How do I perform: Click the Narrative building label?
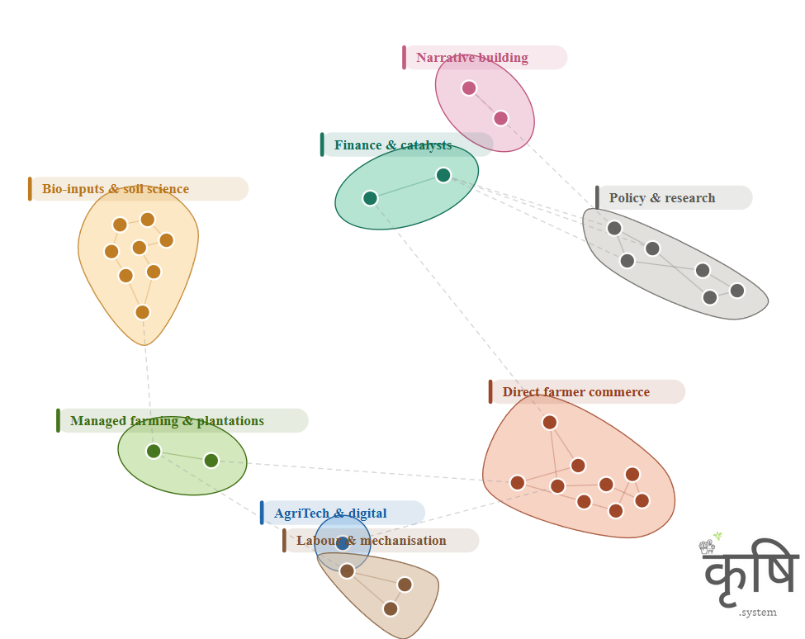(472, 58)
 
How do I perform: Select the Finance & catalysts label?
(393, 145)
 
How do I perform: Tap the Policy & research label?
(662, 198)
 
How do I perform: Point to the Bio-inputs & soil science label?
(116, 189)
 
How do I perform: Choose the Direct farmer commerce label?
(575, 392)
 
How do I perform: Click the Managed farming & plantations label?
(167, 421)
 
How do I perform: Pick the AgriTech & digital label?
(330, 514)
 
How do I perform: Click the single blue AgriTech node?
(343, 542)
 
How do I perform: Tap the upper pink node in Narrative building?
(469, 88)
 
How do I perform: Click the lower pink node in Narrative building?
(500, 118)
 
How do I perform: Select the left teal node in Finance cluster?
(370, 198)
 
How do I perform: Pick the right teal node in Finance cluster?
(443, 175)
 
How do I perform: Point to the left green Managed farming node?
(154, 451)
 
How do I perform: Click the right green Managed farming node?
(211, 461)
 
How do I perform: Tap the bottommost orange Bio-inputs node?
(142, 312)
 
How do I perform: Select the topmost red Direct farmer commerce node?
(550, 423)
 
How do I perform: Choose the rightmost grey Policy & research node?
(737, 291)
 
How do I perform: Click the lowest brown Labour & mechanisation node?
(391, 608)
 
